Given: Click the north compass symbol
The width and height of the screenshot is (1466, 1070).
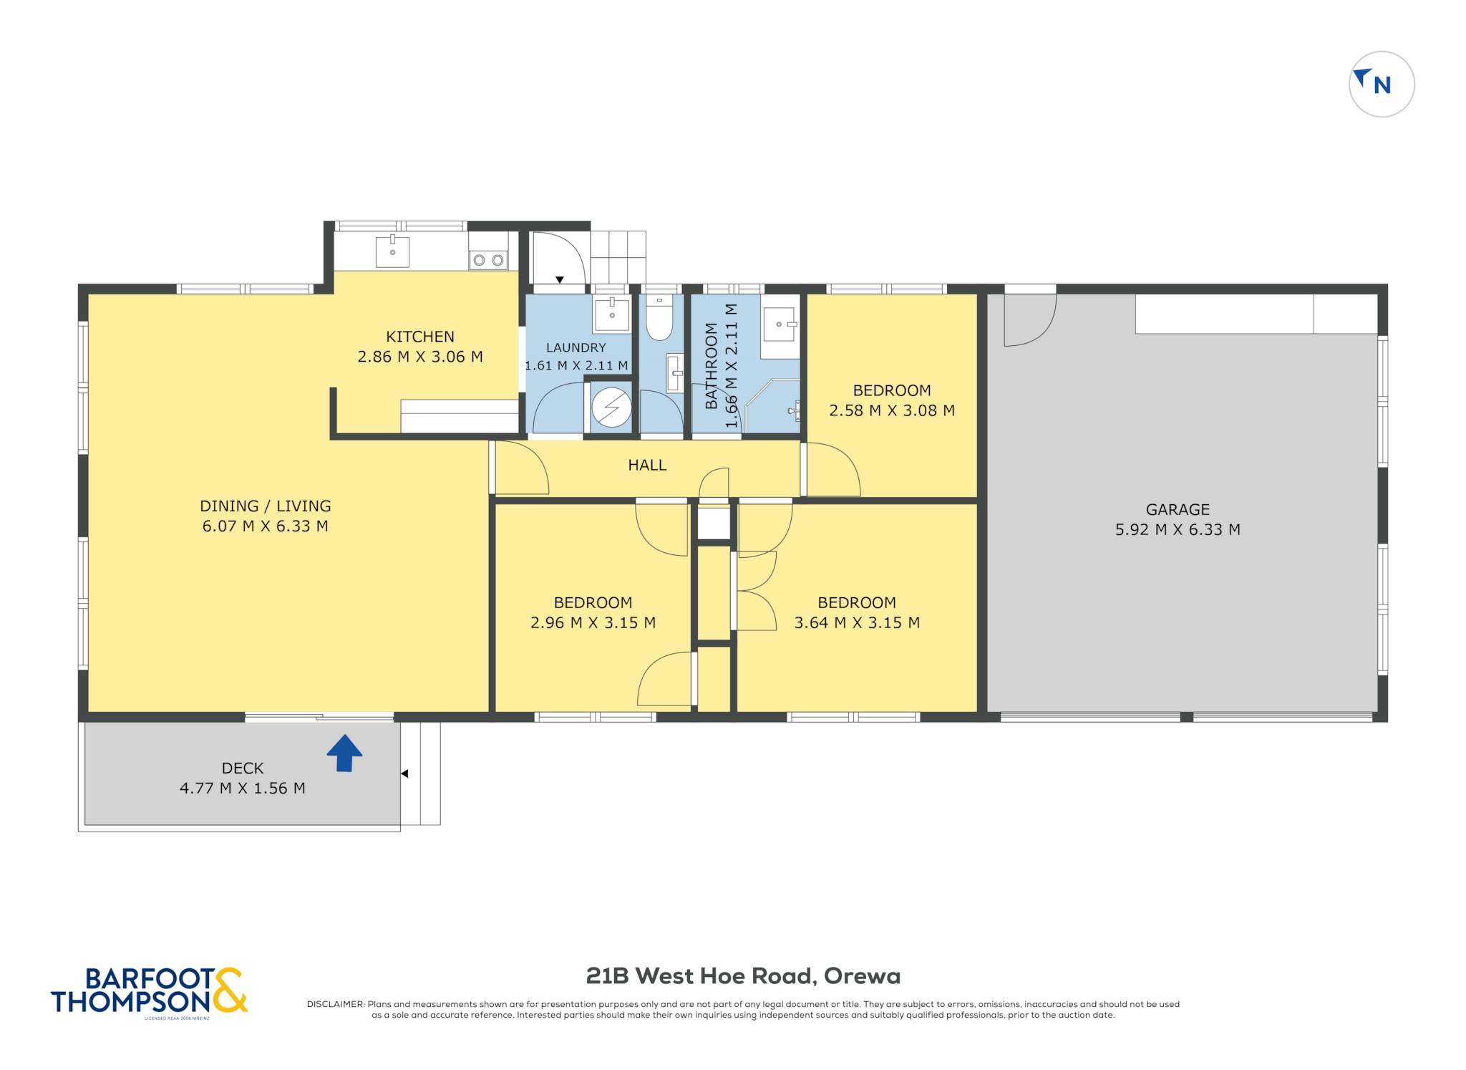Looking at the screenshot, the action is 1381,84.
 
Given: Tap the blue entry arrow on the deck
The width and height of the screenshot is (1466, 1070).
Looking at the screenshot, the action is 344,753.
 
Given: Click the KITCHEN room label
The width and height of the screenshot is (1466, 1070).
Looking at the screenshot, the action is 420,337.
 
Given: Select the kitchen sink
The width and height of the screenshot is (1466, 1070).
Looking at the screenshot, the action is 392,251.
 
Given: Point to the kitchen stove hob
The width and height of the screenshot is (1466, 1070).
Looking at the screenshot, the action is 488,260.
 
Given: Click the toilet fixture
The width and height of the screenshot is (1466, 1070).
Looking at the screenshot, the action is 659,317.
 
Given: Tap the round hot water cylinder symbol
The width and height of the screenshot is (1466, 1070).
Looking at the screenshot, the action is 611,408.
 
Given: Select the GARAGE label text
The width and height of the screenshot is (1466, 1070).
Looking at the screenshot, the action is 1178,510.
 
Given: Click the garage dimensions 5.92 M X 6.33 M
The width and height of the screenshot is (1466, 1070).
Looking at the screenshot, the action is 1178,530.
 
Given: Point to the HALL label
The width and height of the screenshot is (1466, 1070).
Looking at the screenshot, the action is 647,466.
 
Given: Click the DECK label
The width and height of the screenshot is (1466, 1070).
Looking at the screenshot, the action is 243,768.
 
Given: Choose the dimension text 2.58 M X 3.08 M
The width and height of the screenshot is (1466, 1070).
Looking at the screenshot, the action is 892,410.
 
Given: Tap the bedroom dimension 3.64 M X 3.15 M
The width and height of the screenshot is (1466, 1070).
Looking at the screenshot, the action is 857,623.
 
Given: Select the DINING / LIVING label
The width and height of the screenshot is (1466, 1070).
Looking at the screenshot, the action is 266,506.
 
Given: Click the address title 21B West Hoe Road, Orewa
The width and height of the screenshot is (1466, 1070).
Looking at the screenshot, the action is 743,976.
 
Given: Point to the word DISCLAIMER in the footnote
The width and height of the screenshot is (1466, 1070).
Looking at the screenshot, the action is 336,1004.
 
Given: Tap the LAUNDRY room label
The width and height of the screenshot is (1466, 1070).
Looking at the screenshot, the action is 576,348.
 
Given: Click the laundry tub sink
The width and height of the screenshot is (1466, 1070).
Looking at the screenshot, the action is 612,314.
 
